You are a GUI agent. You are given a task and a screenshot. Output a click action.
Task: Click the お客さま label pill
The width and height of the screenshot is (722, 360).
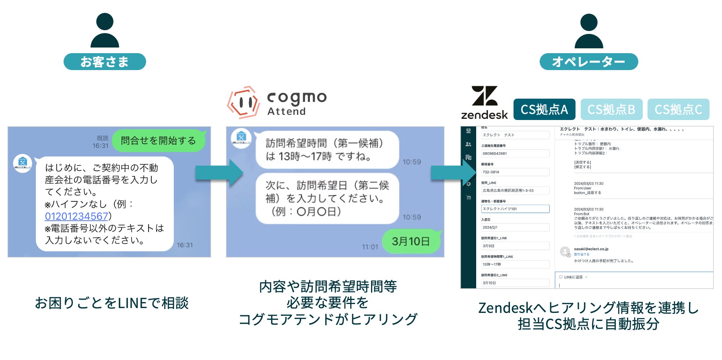pos(105,62)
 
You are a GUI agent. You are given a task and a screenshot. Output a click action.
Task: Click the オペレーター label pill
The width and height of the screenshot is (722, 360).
pos(588,62)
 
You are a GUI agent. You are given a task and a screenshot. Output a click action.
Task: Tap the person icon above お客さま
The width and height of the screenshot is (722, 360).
pos(105,30)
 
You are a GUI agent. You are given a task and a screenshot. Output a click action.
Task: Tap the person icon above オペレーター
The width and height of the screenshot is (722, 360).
pos(588,31)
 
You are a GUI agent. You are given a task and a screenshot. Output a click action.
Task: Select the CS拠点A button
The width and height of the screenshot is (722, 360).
pos(544,110)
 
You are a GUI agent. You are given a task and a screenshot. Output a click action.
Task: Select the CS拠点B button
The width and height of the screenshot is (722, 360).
pos(611,110)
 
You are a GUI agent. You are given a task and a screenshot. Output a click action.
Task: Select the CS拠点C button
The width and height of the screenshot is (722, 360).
pos(678,110)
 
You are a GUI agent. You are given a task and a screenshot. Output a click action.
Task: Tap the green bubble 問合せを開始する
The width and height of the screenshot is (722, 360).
pos(159,141)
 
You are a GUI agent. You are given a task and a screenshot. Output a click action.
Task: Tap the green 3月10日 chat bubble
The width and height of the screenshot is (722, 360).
pos(411,241)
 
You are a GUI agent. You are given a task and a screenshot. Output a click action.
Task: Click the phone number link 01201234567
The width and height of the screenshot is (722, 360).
pos(76,216)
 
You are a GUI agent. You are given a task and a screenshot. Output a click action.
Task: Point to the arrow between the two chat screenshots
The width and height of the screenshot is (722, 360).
pos(219,173)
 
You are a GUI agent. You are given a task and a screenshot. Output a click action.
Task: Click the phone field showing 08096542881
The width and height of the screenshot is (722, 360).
pos(515,153)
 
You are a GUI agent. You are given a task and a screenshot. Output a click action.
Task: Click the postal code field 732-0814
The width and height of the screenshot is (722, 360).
pos(515,172)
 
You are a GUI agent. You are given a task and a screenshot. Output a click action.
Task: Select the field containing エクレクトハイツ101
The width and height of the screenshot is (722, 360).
pos(515,209)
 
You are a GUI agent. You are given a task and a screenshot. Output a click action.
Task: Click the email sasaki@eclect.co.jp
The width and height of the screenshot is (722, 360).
pos(591,249)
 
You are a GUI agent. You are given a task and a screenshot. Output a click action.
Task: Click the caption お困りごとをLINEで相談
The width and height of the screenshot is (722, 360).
pos(111,303)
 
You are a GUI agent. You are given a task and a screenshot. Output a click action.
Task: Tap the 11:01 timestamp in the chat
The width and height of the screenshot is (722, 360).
pos(370,247)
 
